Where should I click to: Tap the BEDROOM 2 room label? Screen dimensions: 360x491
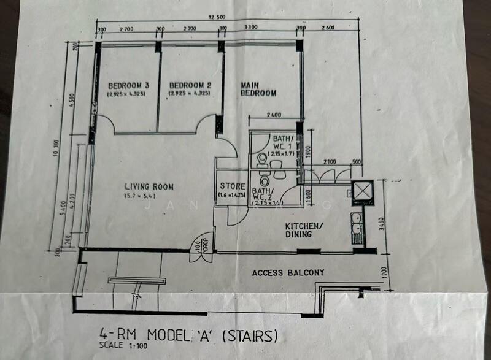point(190,85)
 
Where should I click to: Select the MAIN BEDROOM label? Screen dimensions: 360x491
point(258,89)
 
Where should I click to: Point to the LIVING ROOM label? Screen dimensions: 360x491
point(149,186)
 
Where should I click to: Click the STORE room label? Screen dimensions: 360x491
point(233,186)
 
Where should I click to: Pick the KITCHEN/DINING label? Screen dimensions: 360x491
point(307,230)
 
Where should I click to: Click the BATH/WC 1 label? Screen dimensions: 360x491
point(285,142)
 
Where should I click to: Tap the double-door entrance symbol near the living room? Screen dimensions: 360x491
point(201,249)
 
